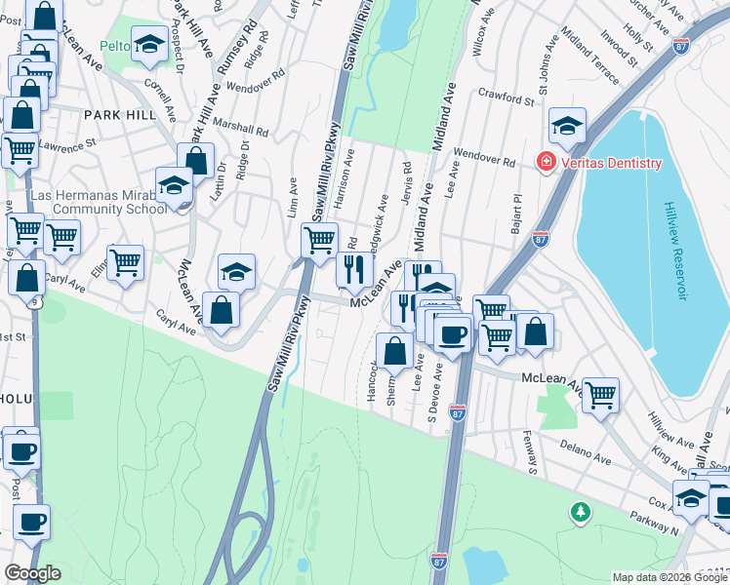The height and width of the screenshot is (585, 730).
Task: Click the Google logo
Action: (32, 573)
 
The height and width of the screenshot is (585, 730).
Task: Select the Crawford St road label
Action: (507, 98)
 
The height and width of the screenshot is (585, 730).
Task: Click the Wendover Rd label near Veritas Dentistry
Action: (483, 159)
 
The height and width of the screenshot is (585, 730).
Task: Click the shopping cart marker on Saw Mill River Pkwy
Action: (319, 240)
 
